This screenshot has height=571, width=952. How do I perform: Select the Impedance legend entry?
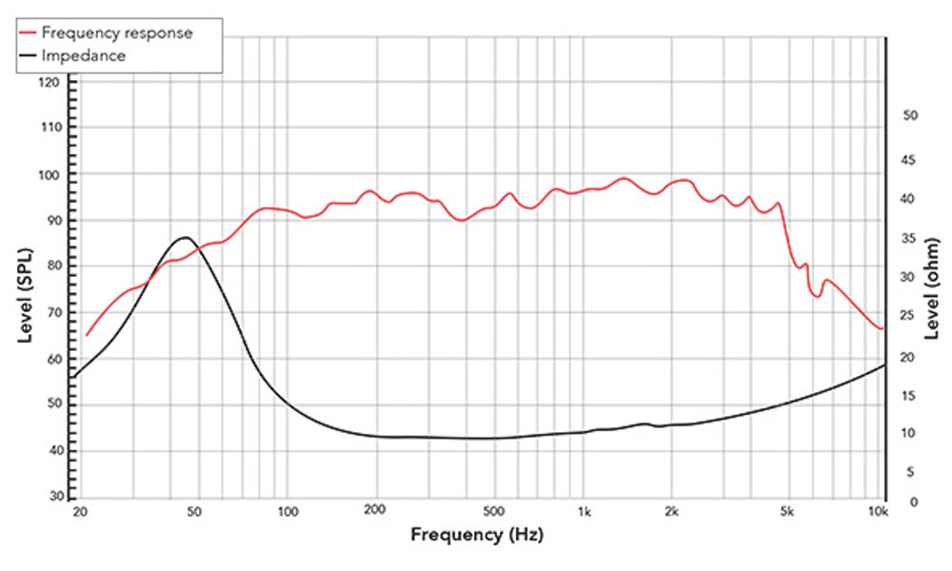pos(85,56)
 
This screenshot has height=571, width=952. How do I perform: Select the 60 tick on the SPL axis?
pos(53,360)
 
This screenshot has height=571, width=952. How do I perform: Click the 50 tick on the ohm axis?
pos(908,115)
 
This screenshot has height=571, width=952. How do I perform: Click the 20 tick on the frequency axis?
pos(81,512)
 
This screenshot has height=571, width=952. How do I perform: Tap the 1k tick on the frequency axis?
pos(585,512)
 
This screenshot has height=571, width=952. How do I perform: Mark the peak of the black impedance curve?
pos(184,237)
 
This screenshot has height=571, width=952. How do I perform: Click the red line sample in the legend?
pos(27,33)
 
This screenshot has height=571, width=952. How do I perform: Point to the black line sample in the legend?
pos(27,56)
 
